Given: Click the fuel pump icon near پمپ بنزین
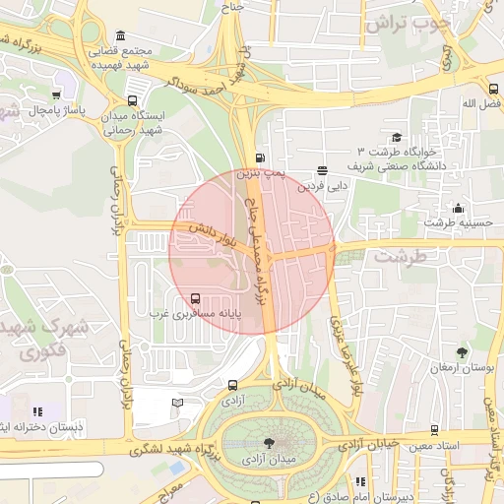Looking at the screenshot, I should (260, 157).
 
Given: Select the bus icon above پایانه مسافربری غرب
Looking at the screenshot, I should (194, 297).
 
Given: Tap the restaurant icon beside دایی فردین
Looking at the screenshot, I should (323, 170).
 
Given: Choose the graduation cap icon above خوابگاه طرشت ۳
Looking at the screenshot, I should (397, 138).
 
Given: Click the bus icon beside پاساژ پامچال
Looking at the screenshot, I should (55, 95).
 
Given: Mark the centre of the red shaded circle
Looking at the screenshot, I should (252, 251).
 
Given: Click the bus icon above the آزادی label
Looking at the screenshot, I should (232, 386).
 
